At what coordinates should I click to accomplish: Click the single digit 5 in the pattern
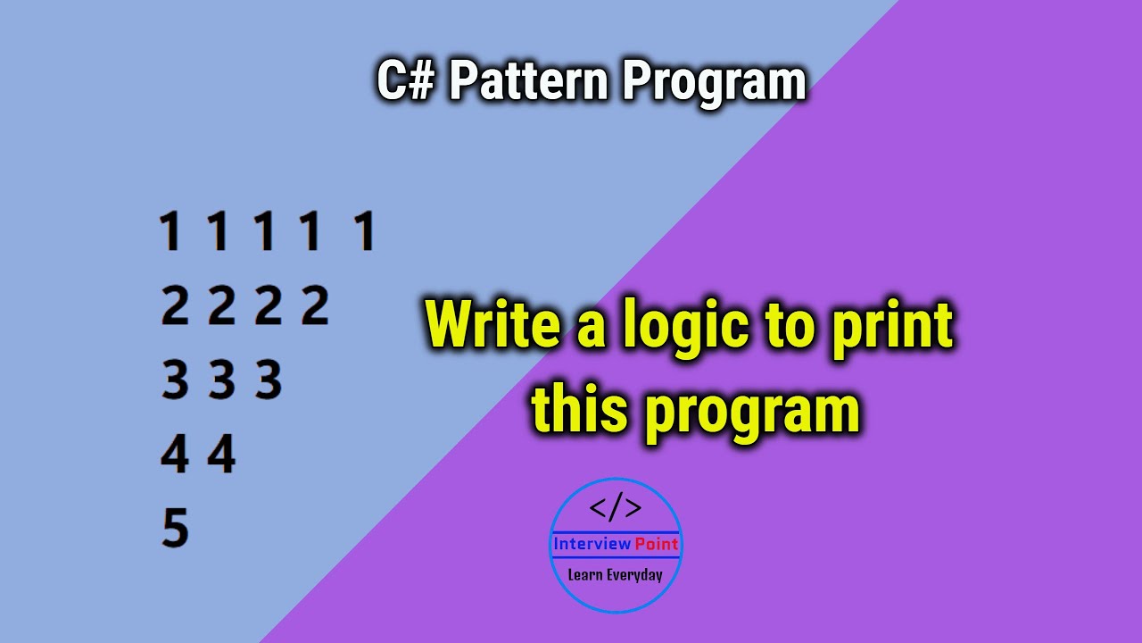[175, 528]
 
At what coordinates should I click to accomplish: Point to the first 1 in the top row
[170, 231]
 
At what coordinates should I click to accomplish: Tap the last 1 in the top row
[364, 231]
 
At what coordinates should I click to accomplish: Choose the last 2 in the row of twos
[314, 306]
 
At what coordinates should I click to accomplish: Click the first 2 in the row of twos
[175, 306]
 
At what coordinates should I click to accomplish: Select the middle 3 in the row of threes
[221, 381]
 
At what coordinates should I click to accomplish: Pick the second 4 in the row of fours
[221, 455]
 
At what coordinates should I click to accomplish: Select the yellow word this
[580, 410]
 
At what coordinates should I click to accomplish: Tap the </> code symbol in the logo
[616, 508]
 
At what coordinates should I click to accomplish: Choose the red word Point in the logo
[658, 544]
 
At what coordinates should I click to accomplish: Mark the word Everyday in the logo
[634, 575]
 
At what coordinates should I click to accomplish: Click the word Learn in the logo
[585, 575]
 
